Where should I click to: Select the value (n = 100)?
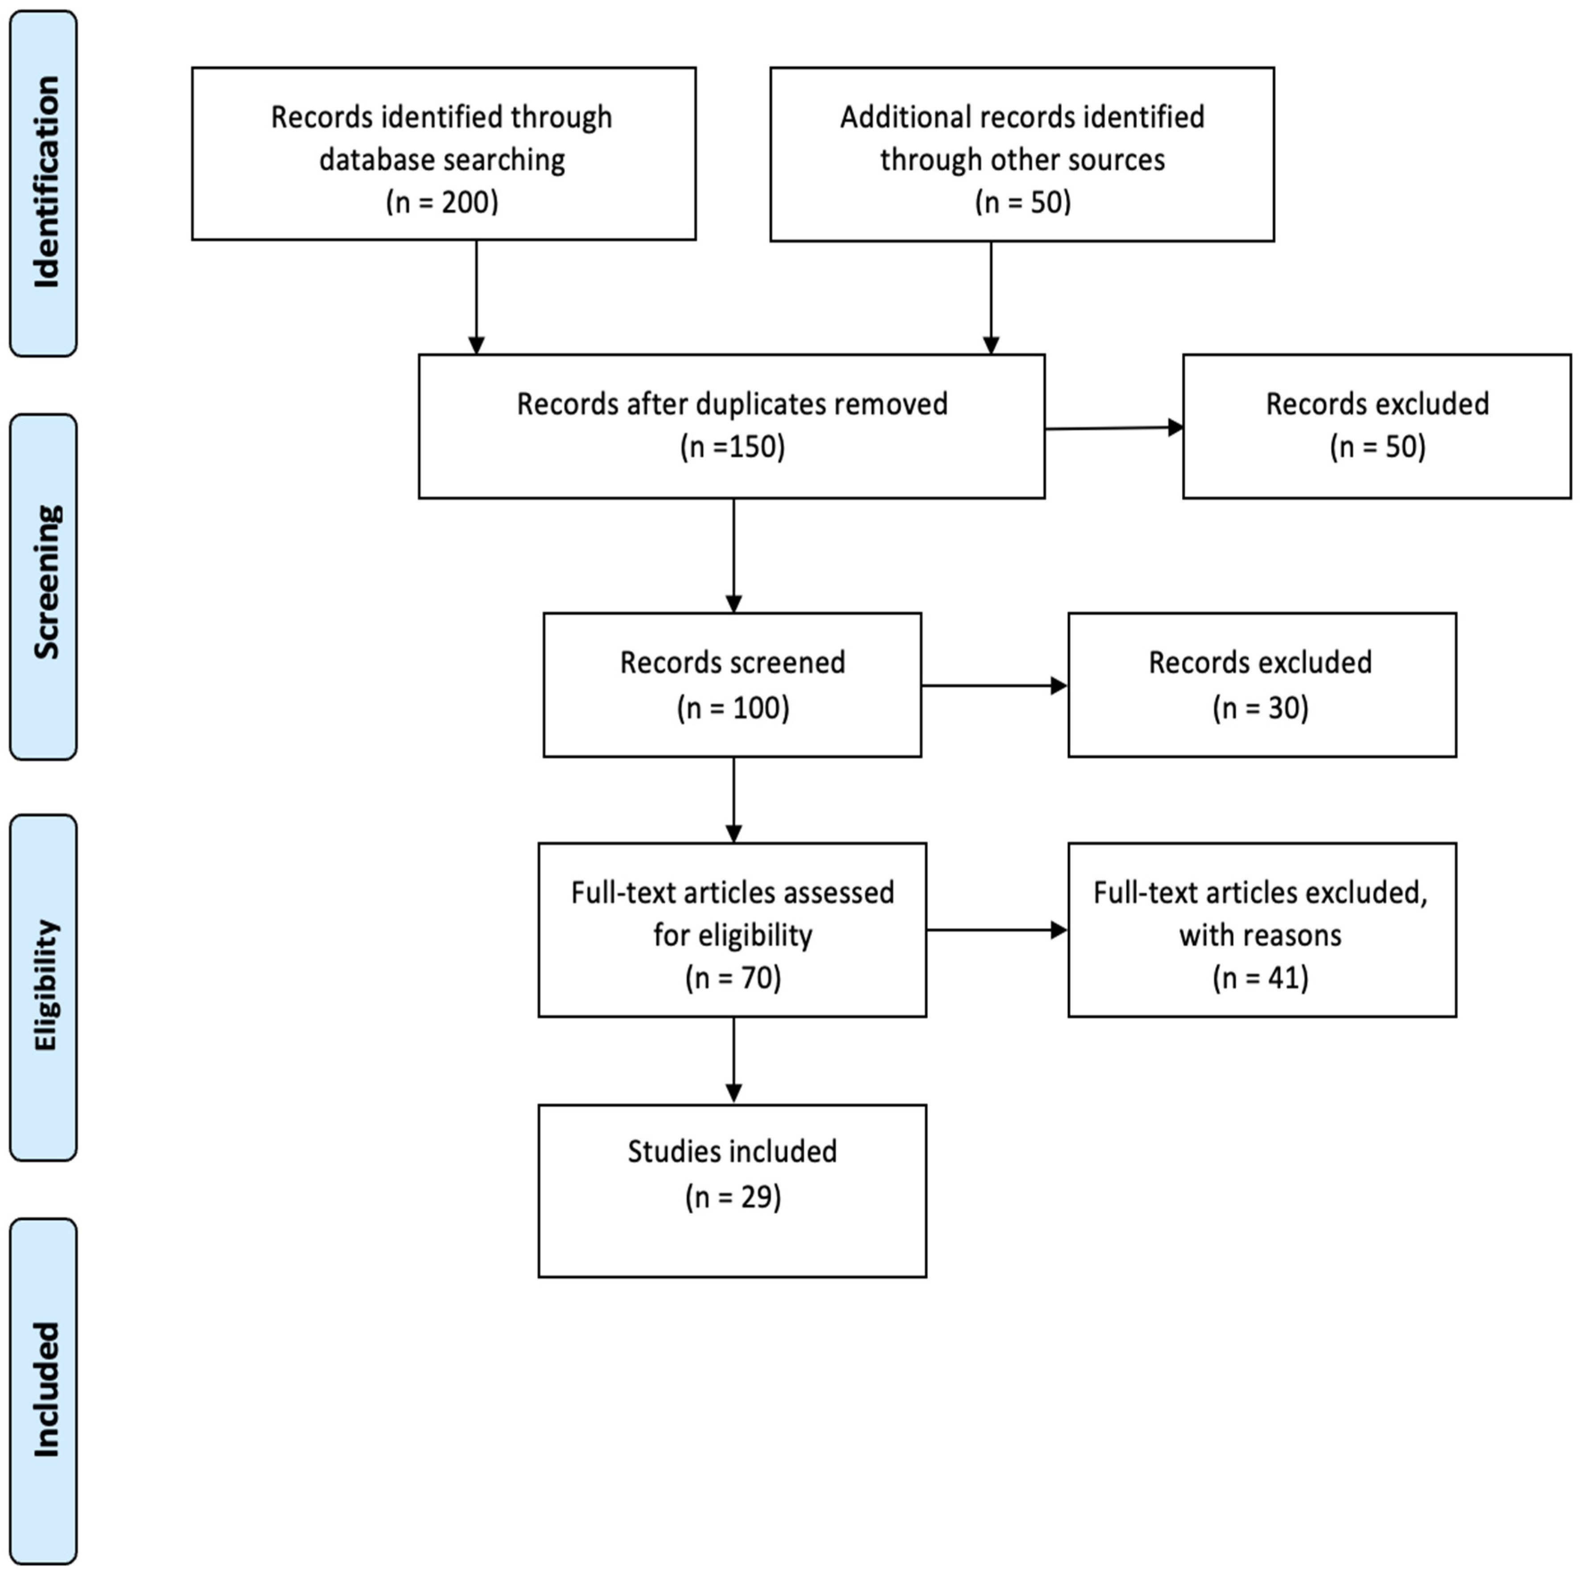click(x=733, y=708)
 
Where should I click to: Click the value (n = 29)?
click(x=733, y=1197)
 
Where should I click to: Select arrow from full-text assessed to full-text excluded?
click(x=996, y=930)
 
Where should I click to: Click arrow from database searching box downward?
click(x=476, y=297)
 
